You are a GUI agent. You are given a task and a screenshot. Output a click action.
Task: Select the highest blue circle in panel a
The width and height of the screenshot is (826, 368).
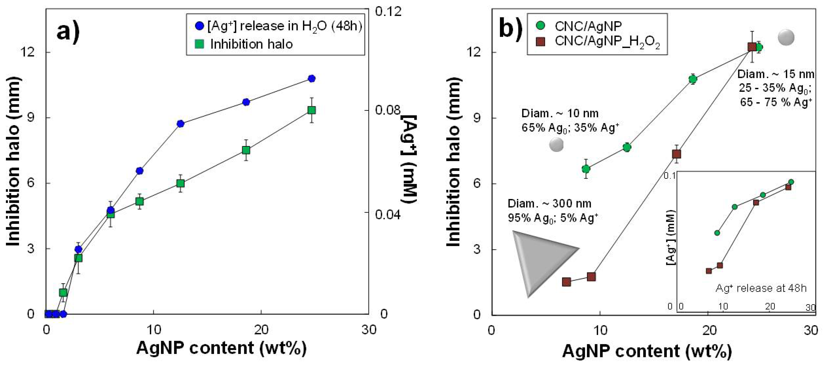[x=311, y=79]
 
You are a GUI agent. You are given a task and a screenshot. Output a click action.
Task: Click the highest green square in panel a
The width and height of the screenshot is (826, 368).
[x=311, y=110]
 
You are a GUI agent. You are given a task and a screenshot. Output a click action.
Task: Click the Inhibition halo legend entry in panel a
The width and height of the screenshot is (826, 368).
[x=244, y=44]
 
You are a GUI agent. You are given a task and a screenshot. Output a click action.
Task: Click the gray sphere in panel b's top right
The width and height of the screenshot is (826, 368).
[x=786, y=37]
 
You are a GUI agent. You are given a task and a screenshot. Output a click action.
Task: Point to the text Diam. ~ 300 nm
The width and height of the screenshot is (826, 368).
[x=549, y=204]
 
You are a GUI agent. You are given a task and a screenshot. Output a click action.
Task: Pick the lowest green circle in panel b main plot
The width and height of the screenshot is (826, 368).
[x=586, y=169]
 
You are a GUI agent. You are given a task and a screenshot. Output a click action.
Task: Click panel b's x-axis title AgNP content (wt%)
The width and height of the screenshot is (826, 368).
[x=647, y=351]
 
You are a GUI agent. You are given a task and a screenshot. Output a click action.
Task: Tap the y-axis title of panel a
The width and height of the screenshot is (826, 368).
[x=14, y=162]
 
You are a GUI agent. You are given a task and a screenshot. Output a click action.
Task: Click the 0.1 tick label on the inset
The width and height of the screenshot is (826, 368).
[x=670, y=175]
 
